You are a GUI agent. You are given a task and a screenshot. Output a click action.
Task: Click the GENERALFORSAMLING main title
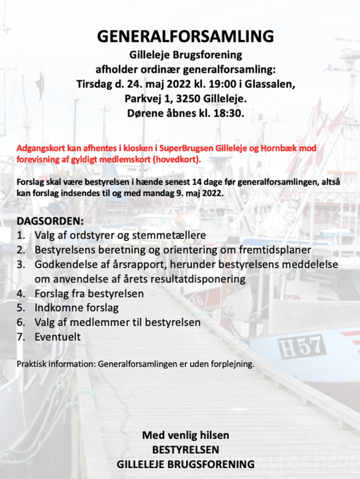(185, 36)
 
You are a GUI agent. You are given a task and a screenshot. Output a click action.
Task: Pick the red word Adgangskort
(37, 148)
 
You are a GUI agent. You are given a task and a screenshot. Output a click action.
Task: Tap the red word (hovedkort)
(176, 159)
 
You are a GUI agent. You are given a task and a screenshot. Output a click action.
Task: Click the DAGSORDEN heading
(51, 220)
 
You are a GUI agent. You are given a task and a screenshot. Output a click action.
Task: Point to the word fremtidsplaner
(273, 249)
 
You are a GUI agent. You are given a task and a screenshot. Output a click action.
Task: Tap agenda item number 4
(21, 294)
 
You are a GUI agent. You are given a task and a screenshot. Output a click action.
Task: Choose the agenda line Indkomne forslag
(76, 308)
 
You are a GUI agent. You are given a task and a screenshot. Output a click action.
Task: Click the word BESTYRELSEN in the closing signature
(185, 450)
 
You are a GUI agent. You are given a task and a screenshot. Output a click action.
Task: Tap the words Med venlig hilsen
(185, 435)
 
